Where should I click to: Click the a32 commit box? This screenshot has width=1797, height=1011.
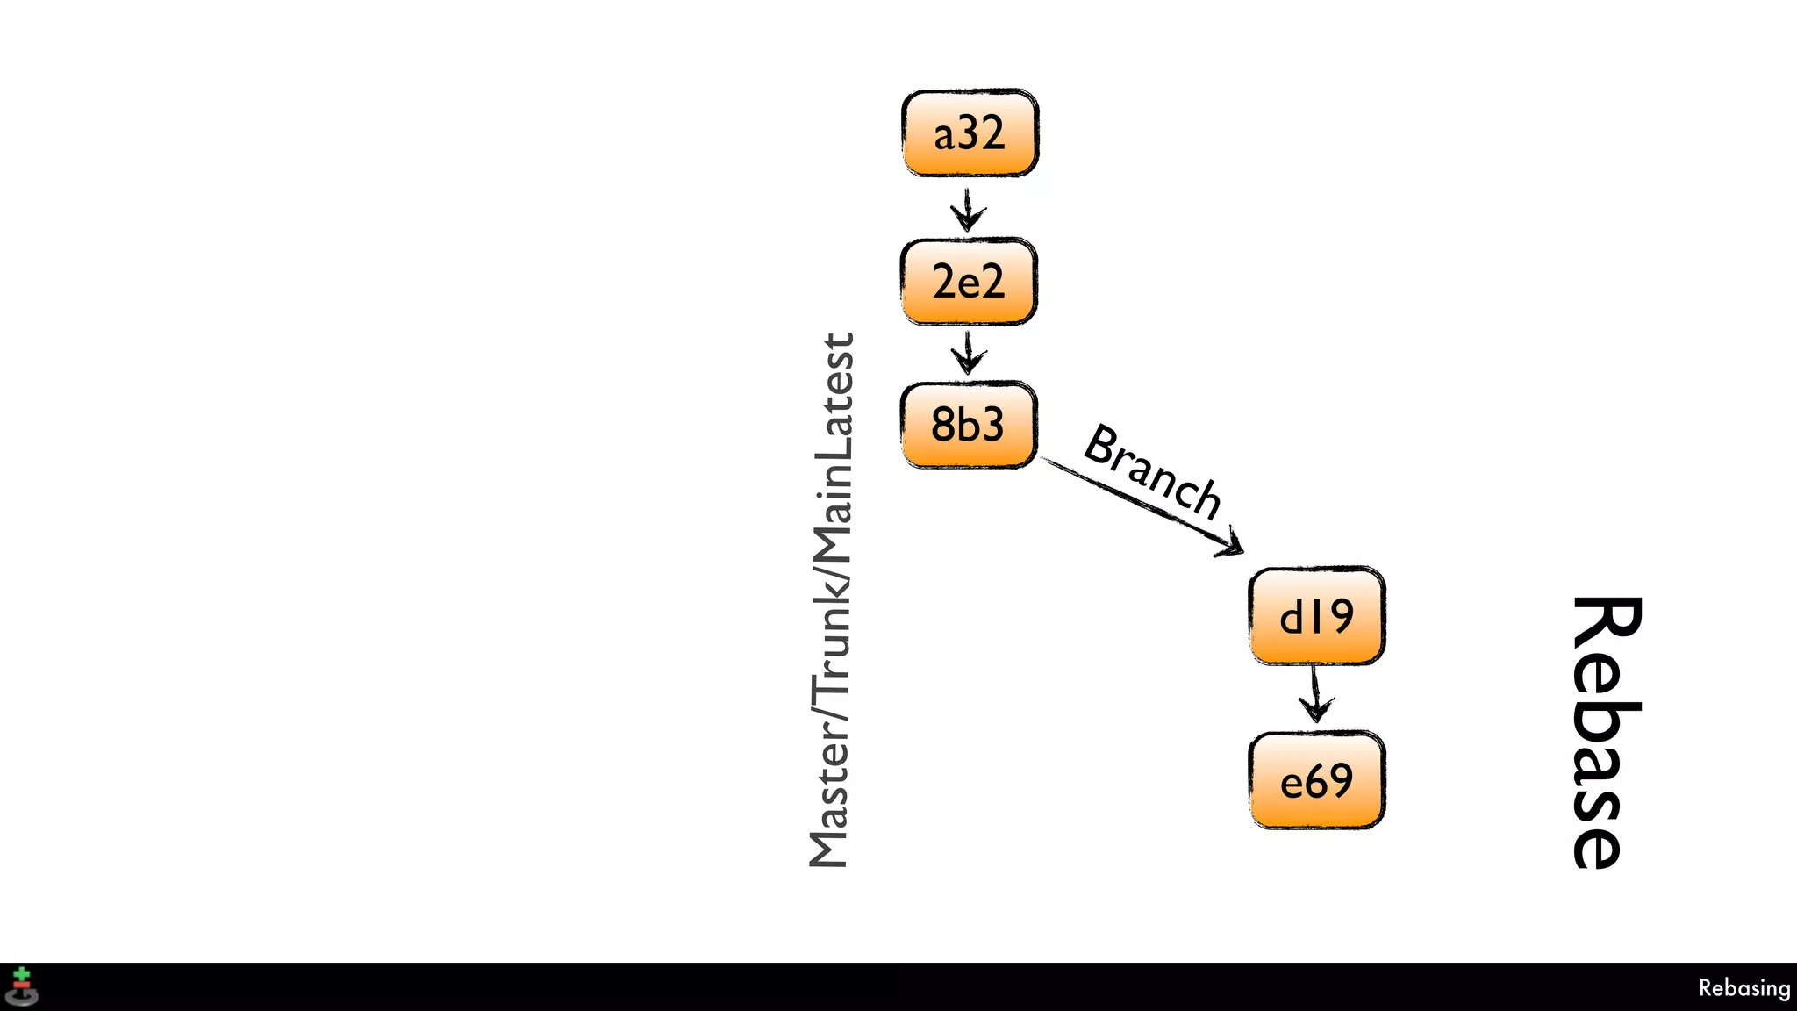970,133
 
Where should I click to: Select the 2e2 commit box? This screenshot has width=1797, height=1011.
969,282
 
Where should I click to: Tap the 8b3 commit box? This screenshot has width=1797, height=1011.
969,425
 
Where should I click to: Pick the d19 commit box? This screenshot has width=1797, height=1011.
1316,616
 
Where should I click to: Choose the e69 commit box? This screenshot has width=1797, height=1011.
1316,780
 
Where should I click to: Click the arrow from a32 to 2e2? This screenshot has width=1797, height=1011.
968,209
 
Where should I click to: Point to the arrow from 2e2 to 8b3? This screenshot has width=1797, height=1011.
968,353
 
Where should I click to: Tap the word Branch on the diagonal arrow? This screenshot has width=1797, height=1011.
1153,471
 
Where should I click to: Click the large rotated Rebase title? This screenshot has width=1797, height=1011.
1606,733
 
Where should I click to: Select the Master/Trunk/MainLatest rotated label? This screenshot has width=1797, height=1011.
830,600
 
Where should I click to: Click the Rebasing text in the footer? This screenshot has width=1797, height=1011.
1743,988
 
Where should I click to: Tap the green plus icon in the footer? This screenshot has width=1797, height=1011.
22,976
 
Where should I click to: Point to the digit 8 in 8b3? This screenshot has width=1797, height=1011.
942,426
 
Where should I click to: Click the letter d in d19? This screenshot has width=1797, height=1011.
1291,616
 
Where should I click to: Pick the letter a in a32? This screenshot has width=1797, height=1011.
944,136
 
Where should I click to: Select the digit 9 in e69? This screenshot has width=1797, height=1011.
1340,780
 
